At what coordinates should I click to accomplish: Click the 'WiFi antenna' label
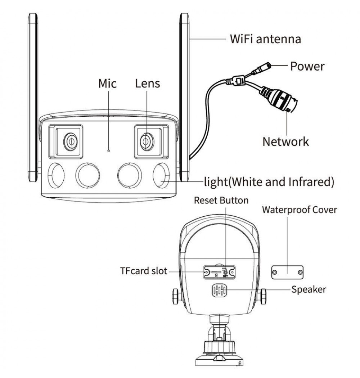coord(265,39)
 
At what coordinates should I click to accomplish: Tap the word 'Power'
coord(307,66)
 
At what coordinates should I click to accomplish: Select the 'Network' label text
coord(285,141)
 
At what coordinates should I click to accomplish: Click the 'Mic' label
coord(107,84)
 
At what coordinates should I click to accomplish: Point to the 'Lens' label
coord(147,84)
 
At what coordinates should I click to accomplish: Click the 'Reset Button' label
coord(221,200)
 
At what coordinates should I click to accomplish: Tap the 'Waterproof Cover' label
coord(300,210)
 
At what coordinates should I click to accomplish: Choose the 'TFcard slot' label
coord(144,271)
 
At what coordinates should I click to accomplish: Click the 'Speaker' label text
coord(309,289)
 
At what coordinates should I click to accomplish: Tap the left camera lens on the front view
coord(71,141)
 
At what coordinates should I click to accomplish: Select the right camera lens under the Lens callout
coord(147,141)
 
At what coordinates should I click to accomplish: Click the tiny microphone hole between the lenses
coord(109,151)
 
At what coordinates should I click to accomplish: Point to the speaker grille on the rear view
coord(219,291)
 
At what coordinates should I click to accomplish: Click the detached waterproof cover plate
coord(287,273)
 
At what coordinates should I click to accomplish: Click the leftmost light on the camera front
coord(56,175)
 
